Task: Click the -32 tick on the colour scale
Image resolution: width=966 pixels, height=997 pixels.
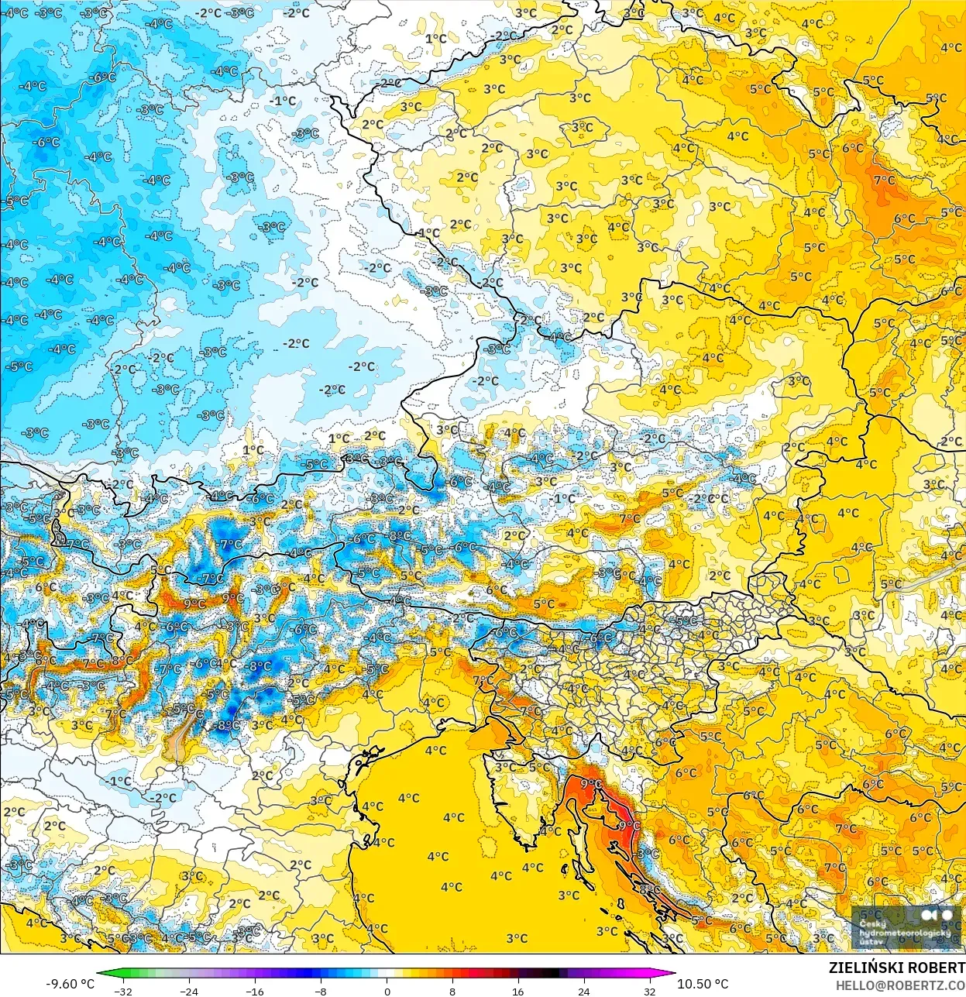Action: (122, 991)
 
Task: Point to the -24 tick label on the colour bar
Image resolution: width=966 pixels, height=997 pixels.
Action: (188, 991)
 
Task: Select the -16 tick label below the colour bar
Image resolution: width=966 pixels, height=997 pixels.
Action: (254, 991)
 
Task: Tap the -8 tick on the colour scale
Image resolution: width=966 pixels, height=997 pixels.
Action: (321, 991)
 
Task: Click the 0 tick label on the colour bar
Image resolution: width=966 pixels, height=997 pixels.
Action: (387, 991)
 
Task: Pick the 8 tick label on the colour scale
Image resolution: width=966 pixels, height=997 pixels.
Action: (452, 991)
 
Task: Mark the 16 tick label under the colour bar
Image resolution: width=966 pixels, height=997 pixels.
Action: (517, 991)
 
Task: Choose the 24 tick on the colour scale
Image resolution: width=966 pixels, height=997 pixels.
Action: (583, 991)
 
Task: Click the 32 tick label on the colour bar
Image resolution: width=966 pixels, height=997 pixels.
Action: (649, 991)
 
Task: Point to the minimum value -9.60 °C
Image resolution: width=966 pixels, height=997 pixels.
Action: (70, 984)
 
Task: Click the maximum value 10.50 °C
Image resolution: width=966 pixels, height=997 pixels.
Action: (703, 984)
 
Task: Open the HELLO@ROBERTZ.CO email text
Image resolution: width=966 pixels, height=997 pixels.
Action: (900, 985)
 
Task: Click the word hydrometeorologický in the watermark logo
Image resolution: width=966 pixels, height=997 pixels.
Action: (905, 933)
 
